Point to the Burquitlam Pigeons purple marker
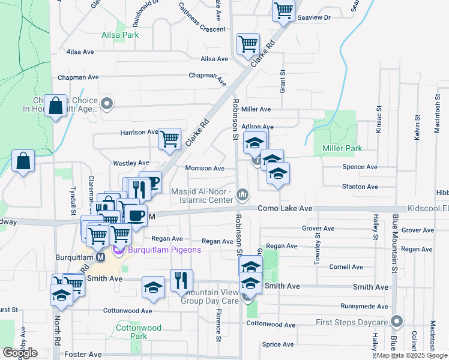click(118, 250)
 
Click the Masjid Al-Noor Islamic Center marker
click(243, 194)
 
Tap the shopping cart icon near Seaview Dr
click(283, 10)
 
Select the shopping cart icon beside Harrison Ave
click(170, 139)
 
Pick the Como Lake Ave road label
click(285, 208)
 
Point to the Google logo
click(20, 353)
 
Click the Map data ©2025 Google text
click(412, 356)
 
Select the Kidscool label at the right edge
click(428, 208)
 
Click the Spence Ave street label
click(360, 167)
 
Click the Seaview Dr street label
click(319, 18)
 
